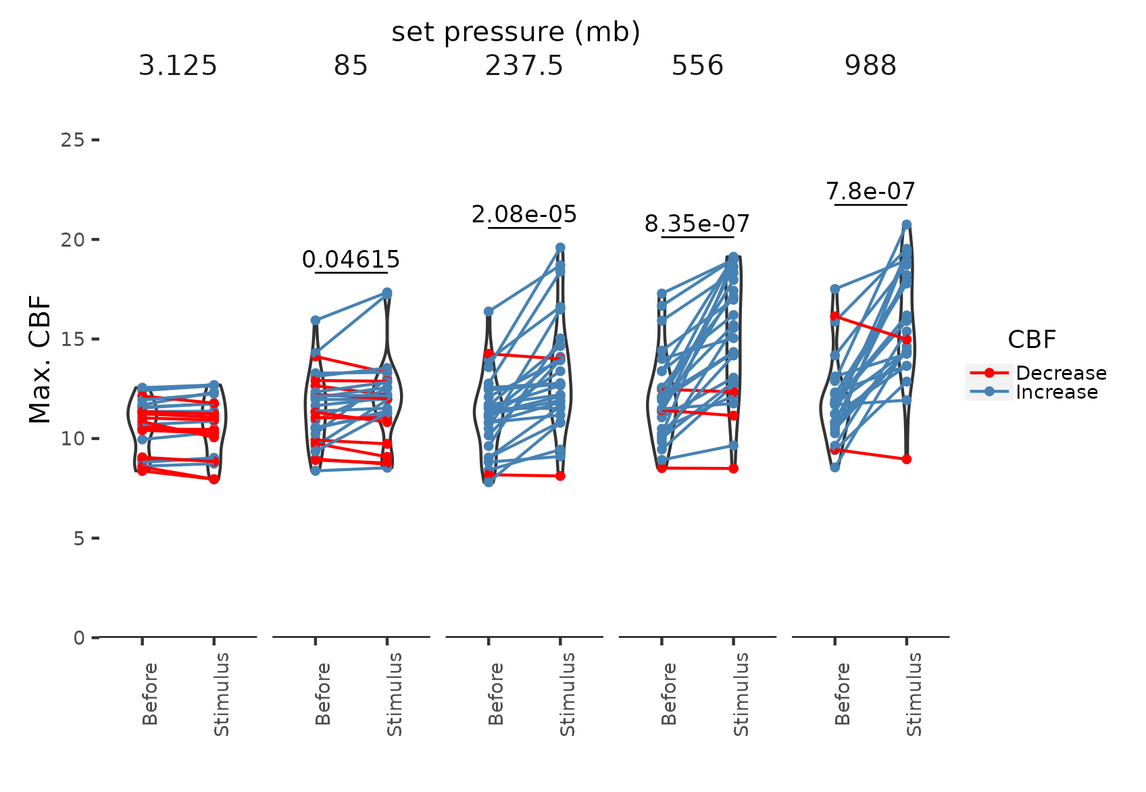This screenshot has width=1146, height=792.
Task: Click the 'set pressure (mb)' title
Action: point(516,32)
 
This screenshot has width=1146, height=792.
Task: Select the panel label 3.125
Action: point(178,66)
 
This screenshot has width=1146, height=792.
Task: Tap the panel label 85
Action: point(351,66)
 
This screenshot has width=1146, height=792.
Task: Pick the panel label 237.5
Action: point(524,66)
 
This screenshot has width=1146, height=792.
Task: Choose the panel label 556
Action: point(697,66)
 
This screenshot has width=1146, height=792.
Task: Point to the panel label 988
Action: point(870,66)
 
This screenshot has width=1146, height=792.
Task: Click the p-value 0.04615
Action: point(351,259)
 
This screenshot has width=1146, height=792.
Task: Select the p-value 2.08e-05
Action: point(524,215)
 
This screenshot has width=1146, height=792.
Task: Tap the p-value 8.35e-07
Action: point(697,224)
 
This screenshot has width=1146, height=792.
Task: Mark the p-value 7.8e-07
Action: point(870,192)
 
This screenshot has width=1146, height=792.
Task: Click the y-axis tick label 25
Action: point(72,140)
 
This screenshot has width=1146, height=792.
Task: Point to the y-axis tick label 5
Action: point(79,539)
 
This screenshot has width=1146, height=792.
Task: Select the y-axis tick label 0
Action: point(79,638)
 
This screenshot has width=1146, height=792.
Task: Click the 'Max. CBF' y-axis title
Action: point(41,359)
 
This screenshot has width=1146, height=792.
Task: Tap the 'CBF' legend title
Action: point(1032,339)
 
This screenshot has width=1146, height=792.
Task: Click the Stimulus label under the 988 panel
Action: point(914,695)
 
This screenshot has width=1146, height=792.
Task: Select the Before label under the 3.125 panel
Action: point(150,695)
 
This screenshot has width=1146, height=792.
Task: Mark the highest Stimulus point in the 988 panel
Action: point(907,224)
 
